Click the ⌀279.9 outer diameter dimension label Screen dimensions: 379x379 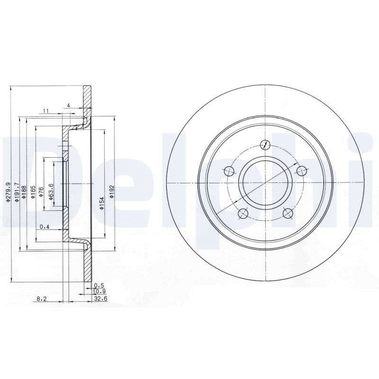(9, 192)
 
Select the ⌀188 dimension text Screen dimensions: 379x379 (24, 192)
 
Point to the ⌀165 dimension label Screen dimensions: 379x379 (33, 192)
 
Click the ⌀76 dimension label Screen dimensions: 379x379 (41, 192)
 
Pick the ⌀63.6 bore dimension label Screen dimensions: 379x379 (51, 192)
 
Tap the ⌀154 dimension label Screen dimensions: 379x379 (102, 203)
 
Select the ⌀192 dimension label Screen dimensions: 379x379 (111, 192)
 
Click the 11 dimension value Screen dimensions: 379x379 (46, 111)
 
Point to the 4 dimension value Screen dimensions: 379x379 (69, 105)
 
